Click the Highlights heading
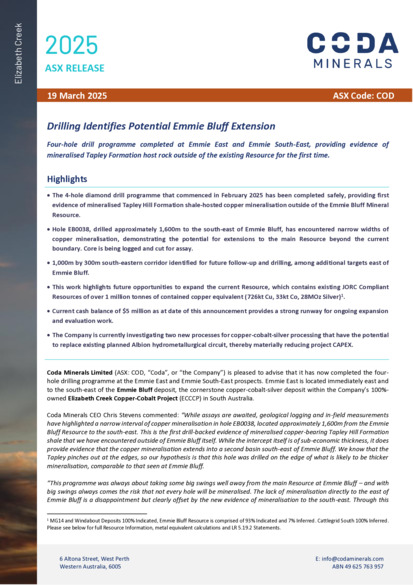click(x=68, y=178)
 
